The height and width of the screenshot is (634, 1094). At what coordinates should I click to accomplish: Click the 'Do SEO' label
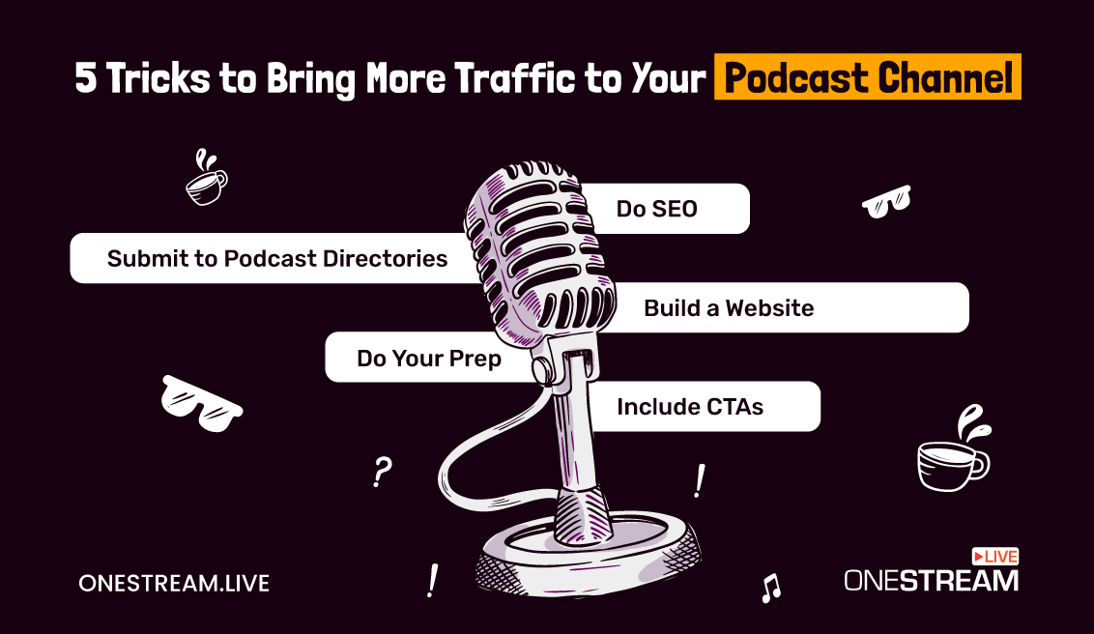click(x=656, y=209)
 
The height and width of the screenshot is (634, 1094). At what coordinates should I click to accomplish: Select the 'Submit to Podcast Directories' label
click(x=277, y=259)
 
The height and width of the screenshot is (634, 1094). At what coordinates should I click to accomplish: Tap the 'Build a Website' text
click(x=729, y=307)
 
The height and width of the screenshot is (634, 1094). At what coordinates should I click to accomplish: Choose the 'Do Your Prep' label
click(x=429, y=358)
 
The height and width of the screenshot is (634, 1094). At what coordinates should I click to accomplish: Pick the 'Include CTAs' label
click(x=690, y=407)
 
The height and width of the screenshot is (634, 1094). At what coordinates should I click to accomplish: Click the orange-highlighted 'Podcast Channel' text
click(x=868, y=76)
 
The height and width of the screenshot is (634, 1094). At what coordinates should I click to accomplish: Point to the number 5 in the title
click(x=85, y=77)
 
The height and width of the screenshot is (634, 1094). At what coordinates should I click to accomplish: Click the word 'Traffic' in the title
click(x=515, y=76)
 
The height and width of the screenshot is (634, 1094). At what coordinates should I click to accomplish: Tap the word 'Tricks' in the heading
click(x=158, y=76)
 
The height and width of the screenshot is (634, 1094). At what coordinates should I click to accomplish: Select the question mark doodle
click(x=383, y=472)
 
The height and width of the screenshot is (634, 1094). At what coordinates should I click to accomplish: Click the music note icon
click(x=771, y=588)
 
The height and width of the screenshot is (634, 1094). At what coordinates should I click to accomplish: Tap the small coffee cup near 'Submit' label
click(x=207, y=179)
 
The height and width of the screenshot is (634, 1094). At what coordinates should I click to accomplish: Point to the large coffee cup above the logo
click(x=954, y=449)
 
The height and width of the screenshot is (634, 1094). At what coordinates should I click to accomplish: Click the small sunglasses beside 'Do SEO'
click(x=886, y=202)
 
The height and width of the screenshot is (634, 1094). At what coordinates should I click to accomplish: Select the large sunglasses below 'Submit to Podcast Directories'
click(x=201, y=404)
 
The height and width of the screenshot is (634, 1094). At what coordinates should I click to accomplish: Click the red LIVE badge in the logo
click(x=995, y=557)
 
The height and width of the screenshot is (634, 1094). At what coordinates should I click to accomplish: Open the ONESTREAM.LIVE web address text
click(x=174, y=583)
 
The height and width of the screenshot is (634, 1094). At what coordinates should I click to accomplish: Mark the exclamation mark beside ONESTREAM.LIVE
click(x=433, y=580)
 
